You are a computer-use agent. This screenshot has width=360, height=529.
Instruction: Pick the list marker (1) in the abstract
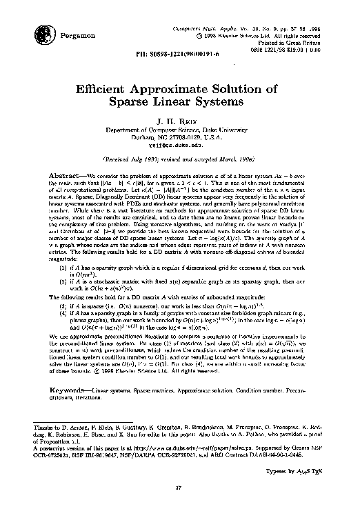(x=64, y=266)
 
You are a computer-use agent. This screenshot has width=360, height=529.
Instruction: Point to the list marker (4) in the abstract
(x=64, y=310)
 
